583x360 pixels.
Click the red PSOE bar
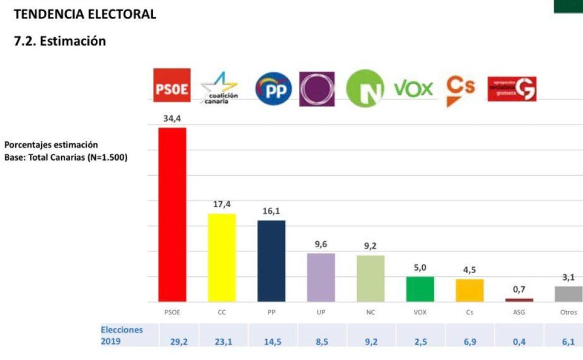click(x=172, y=215)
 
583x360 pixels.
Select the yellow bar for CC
click(x=222, y=258)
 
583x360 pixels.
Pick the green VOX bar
click(x=420, y=289)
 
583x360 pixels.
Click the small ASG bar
click(x=519, y=300)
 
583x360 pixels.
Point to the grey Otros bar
click(x=569, y=294)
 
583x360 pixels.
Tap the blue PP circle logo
click(x=273, y=88)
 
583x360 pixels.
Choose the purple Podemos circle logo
click(x=317, y=89)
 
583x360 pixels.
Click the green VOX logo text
click(x=413, y=88)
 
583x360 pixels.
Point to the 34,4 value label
click(x=172, y=119)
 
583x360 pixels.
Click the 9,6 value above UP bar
click(x=320, y=244)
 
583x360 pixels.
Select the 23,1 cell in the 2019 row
click(x=223, y=342)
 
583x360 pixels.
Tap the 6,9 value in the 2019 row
click(x=470, y=342)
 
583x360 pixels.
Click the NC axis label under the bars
click(x=370, y=312)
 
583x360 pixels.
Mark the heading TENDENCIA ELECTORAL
click(x=85, y=14)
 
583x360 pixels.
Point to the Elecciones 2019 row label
click(x=121, y=335)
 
